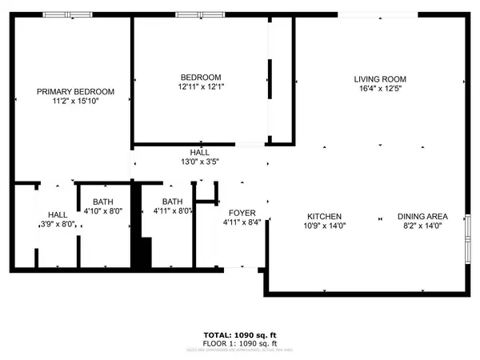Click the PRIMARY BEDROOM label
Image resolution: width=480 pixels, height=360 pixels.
[76, 92]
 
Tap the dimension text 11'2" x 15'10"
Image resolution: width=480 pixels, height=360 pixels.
[76, 102]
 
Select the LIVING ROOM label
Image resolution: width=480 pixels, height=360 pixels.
[381, 79]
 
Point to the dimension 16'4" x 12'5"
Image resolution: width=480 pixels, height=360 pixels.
[381, 90]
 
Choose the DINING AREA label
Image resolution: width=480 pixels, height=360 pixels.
[422, 217]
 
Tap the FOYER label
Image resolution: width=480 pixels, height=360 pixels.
[242, 213]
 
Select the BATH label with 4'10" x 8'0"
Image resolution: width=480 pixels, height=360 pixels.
[103, 202]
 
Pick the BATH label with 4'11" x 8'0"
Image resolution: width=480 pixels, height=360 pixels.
[173, 202]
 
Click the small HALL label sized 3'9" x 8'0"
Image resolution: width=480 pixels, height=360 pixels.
[58, 214]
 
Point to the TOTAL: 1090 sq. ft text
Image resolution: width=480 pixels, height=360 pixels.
[240, 334]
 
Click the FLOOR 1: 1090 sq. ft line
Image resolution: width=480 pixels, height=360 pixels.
[240, 343]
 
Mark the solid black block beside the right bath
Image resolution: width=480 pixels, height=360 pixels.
[141, 254]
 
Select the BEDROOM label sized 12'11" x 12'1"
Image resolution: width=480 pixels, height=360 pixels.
[200, 77]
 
